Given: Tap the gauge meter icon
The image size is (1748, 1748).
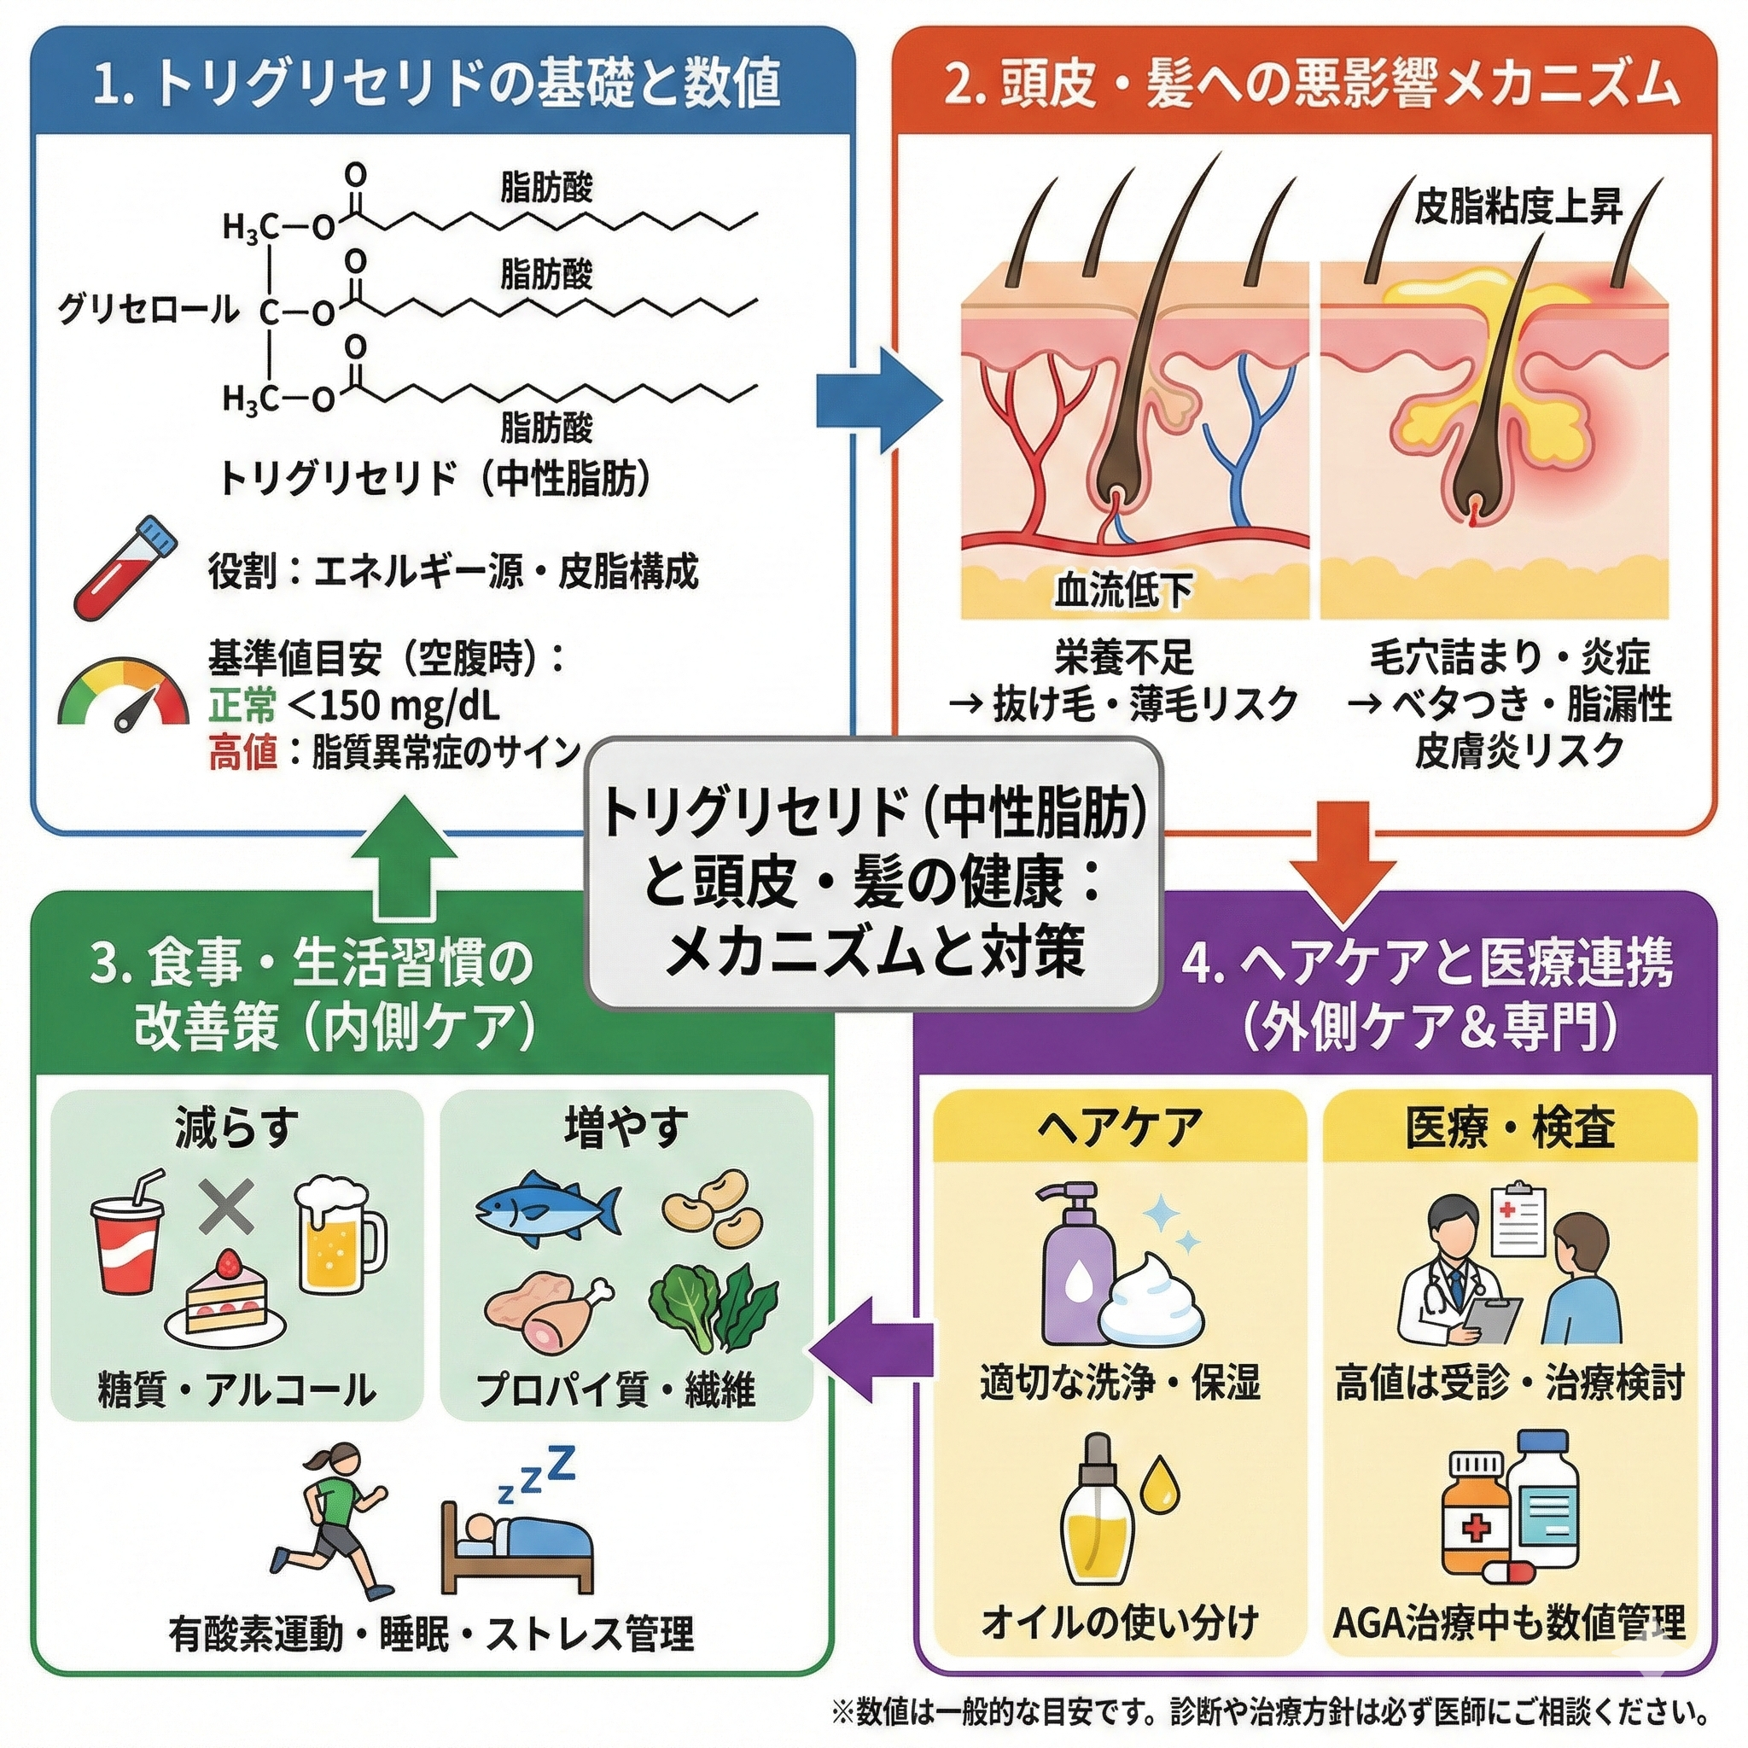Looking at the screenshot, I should point(124,695).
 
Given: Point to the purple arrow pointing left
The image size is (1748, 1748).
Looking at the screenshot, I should point(871,1353).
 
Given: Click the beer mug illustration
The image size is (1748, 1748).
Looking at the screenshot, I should point(337,1237).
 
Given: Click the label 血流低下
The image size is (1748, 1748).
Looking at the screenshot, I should point(1123,590).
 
